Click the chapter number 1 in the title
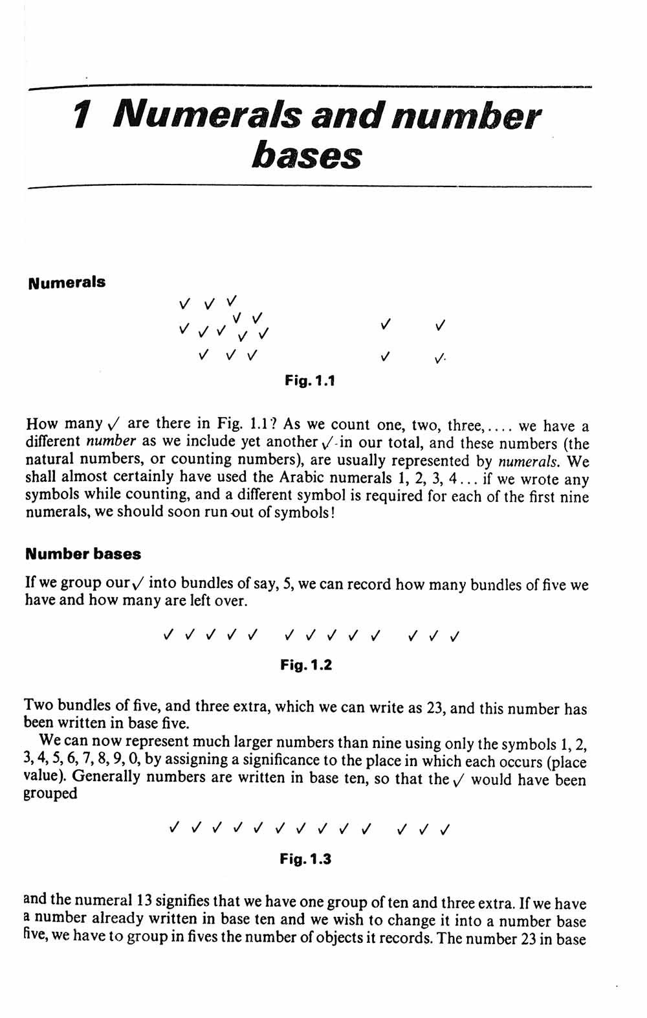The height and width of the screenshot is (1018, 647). tap(80, 117)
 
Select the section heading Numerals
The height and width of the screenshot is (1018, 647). tap(67, 282)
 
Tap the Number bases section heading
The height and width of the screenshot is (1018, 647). tap(83, 554)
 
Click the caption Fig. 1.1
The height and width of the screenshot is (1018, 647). tap(310, 381)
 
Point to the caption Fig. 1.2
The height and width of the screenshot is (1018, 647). tap(306, 665)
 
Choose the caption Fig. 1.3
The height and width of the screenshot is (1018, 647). tap(305, 859)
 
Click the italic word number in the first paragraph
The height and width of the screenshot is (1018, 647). tap(111, 442)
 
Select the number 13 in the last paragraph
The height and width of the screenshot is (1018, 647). tap(144, 901)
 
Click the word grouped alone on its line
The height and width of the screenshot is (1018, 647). tap(50, 795)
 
